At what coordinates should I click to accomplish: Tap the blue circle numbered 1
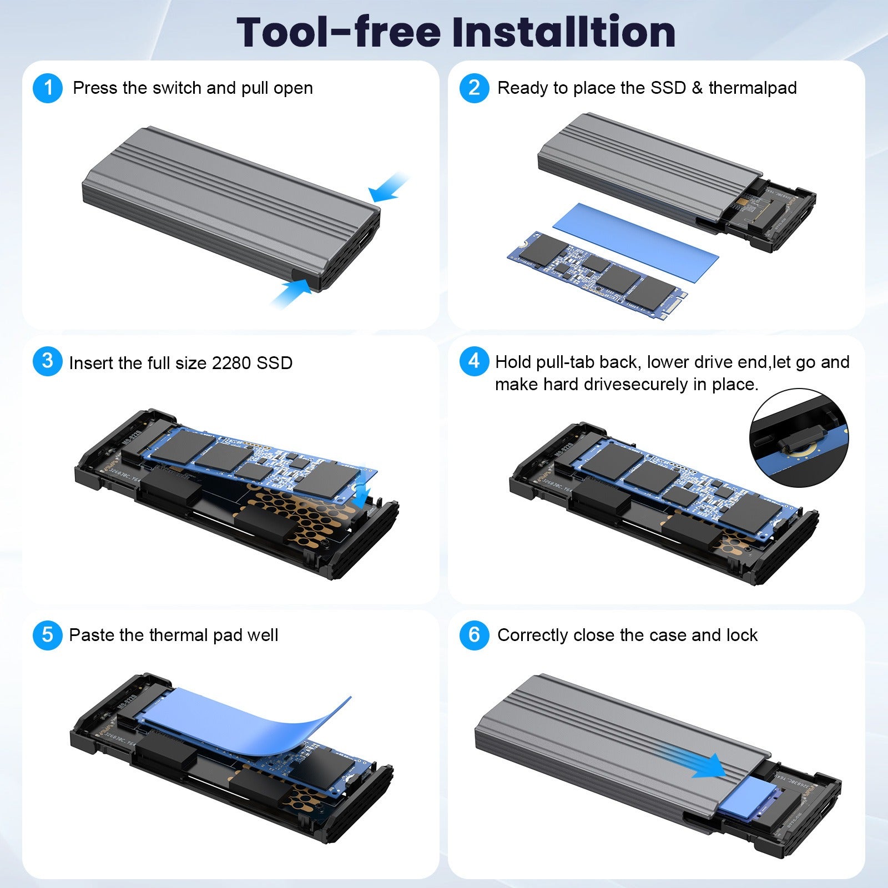click(48, 88)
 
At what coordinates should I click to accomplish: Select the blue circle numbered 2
click(474, 88)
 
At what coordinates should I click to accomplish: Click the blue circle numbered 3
click(48, 361)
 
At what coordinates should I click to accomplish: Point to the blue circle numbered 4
click(474, 361)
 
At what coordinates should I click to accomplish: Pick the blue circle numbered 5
click(48, 635)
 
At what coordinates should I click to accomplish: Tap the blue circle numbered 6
click(474, 635)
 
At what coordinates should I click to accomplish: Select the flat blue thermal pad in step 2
click(635, 239)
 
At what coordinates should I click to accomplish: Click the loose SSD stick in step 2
click(597, 275)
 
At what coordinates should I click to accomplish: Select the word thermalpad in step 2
click(753, 88)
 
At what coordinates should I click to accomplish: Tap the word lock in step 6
click(742, 635)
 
